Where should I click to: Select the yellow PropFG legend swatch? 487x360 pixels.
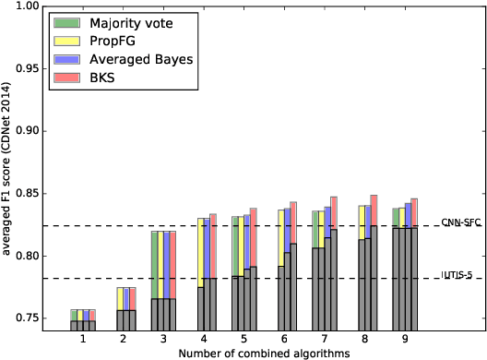click(x=66, y=41)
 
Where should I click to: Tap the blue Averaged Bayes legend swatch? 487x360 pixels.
click(x=66, y=59)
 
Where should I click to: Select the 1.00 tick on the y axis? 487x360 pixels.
click(x=27, y=6)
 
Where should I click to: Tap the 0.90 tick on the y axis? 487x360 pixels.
click(x=27, y=131)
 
